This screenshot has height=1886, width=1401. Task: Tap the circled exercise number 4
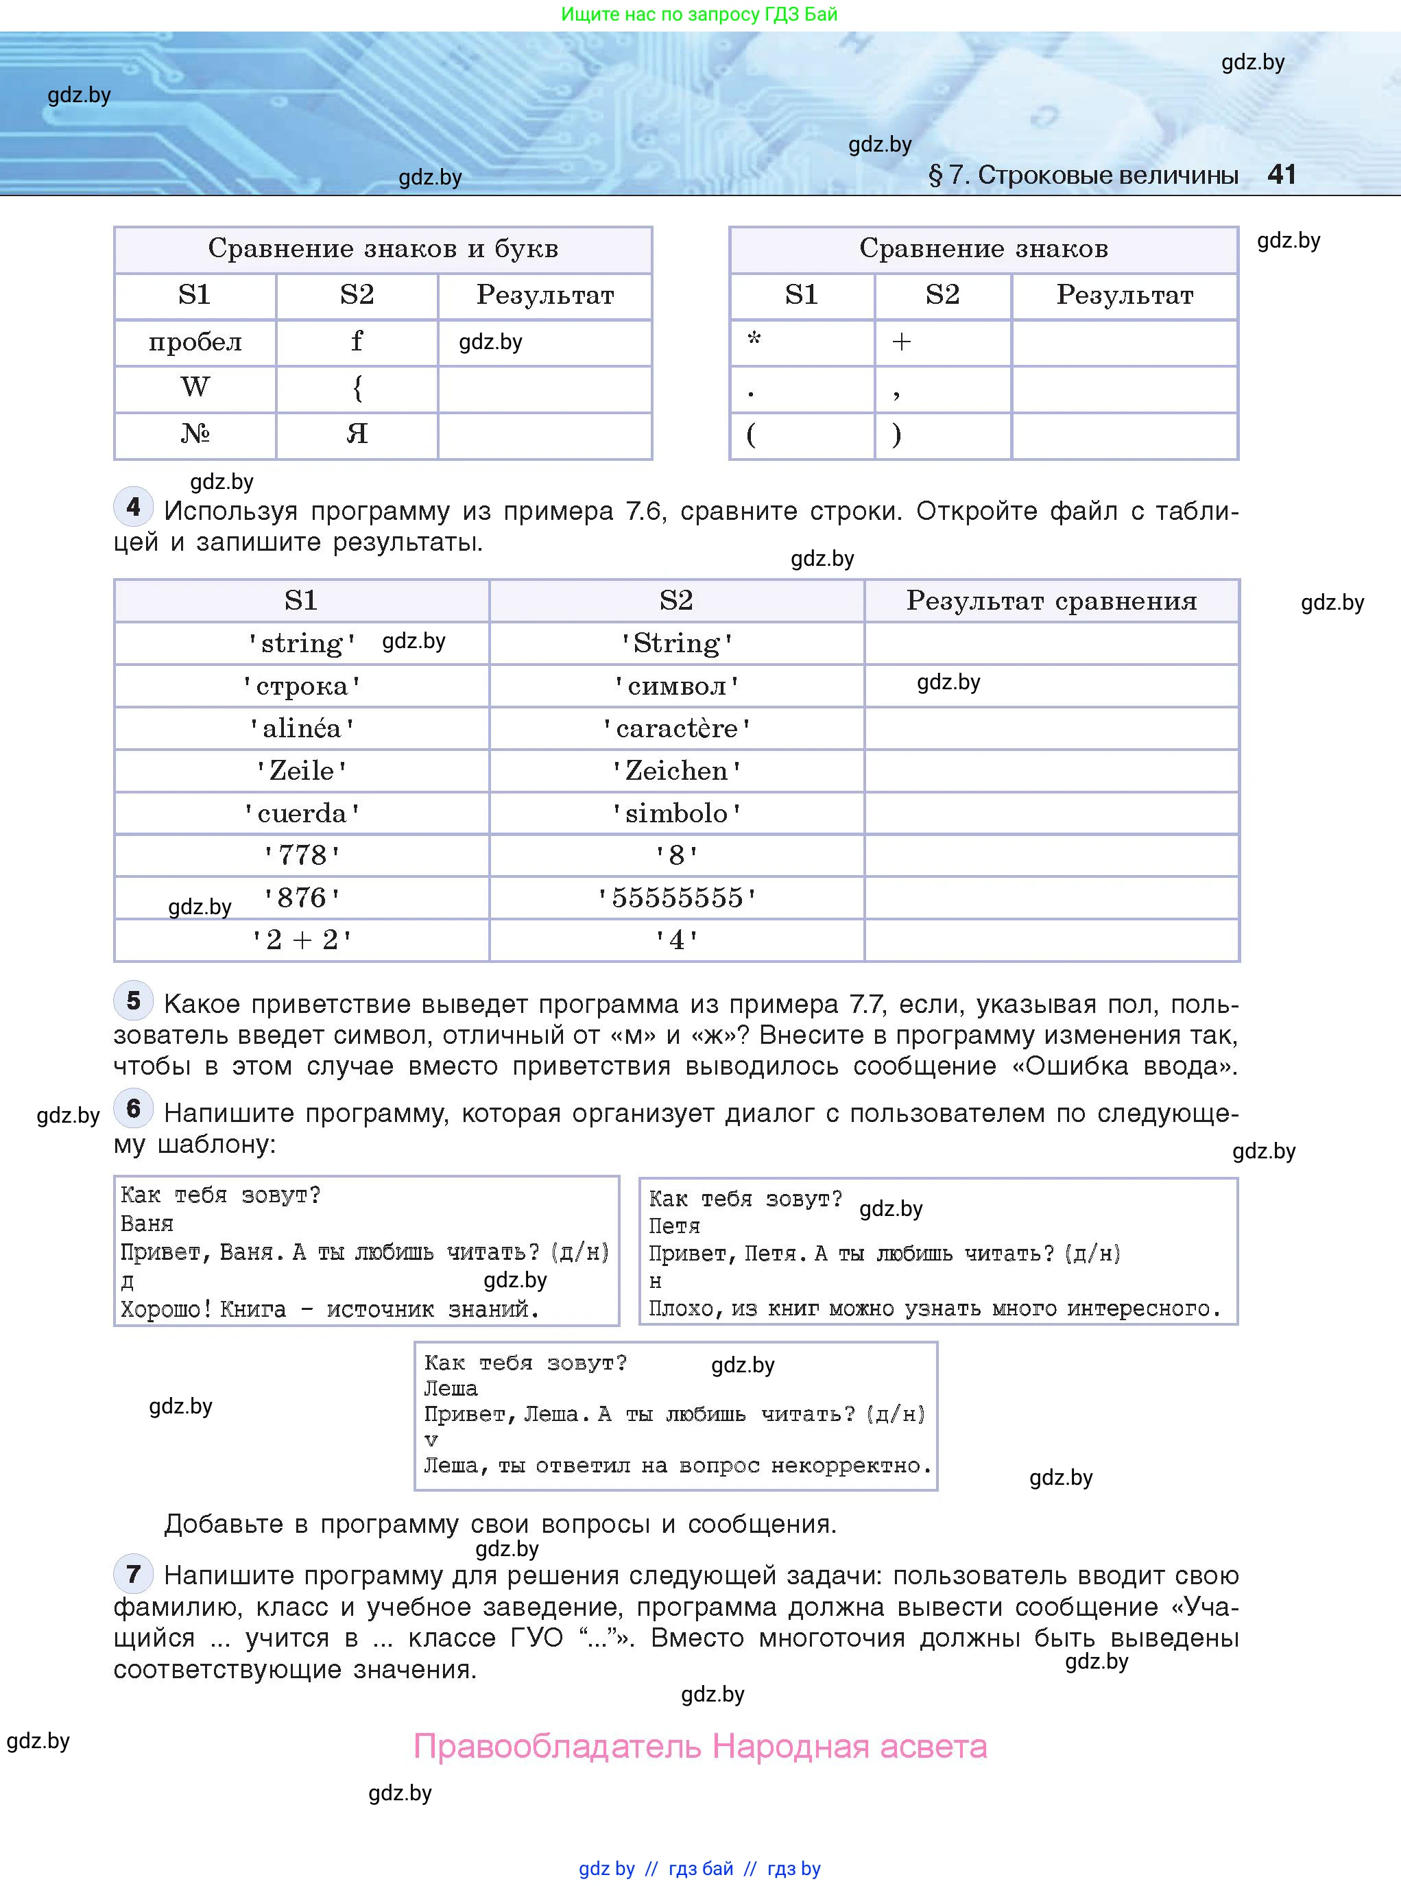coord(133,507)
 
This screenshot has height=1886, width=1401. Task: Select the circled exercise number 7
coord(133,1574)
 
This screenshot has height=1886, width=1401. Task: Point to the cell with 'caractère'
coord(676,728)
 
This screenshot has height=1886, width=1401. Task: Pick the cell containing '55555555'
coord(676,898)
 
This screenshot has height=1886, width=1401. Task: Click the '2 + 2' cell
coord(302,940)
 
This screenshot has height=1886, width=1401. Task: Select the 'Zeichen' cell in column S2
coord(676,771)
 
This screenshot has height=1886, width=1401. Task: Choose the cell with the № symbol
coord(195,435)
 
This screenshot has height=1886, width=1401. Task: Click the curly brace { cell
coord(357,388)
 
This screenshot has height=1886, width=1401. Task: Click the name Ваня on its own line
coord(147,1223)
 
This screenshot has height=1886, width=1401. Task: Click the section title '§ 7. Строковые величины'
coord(1083,176)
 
